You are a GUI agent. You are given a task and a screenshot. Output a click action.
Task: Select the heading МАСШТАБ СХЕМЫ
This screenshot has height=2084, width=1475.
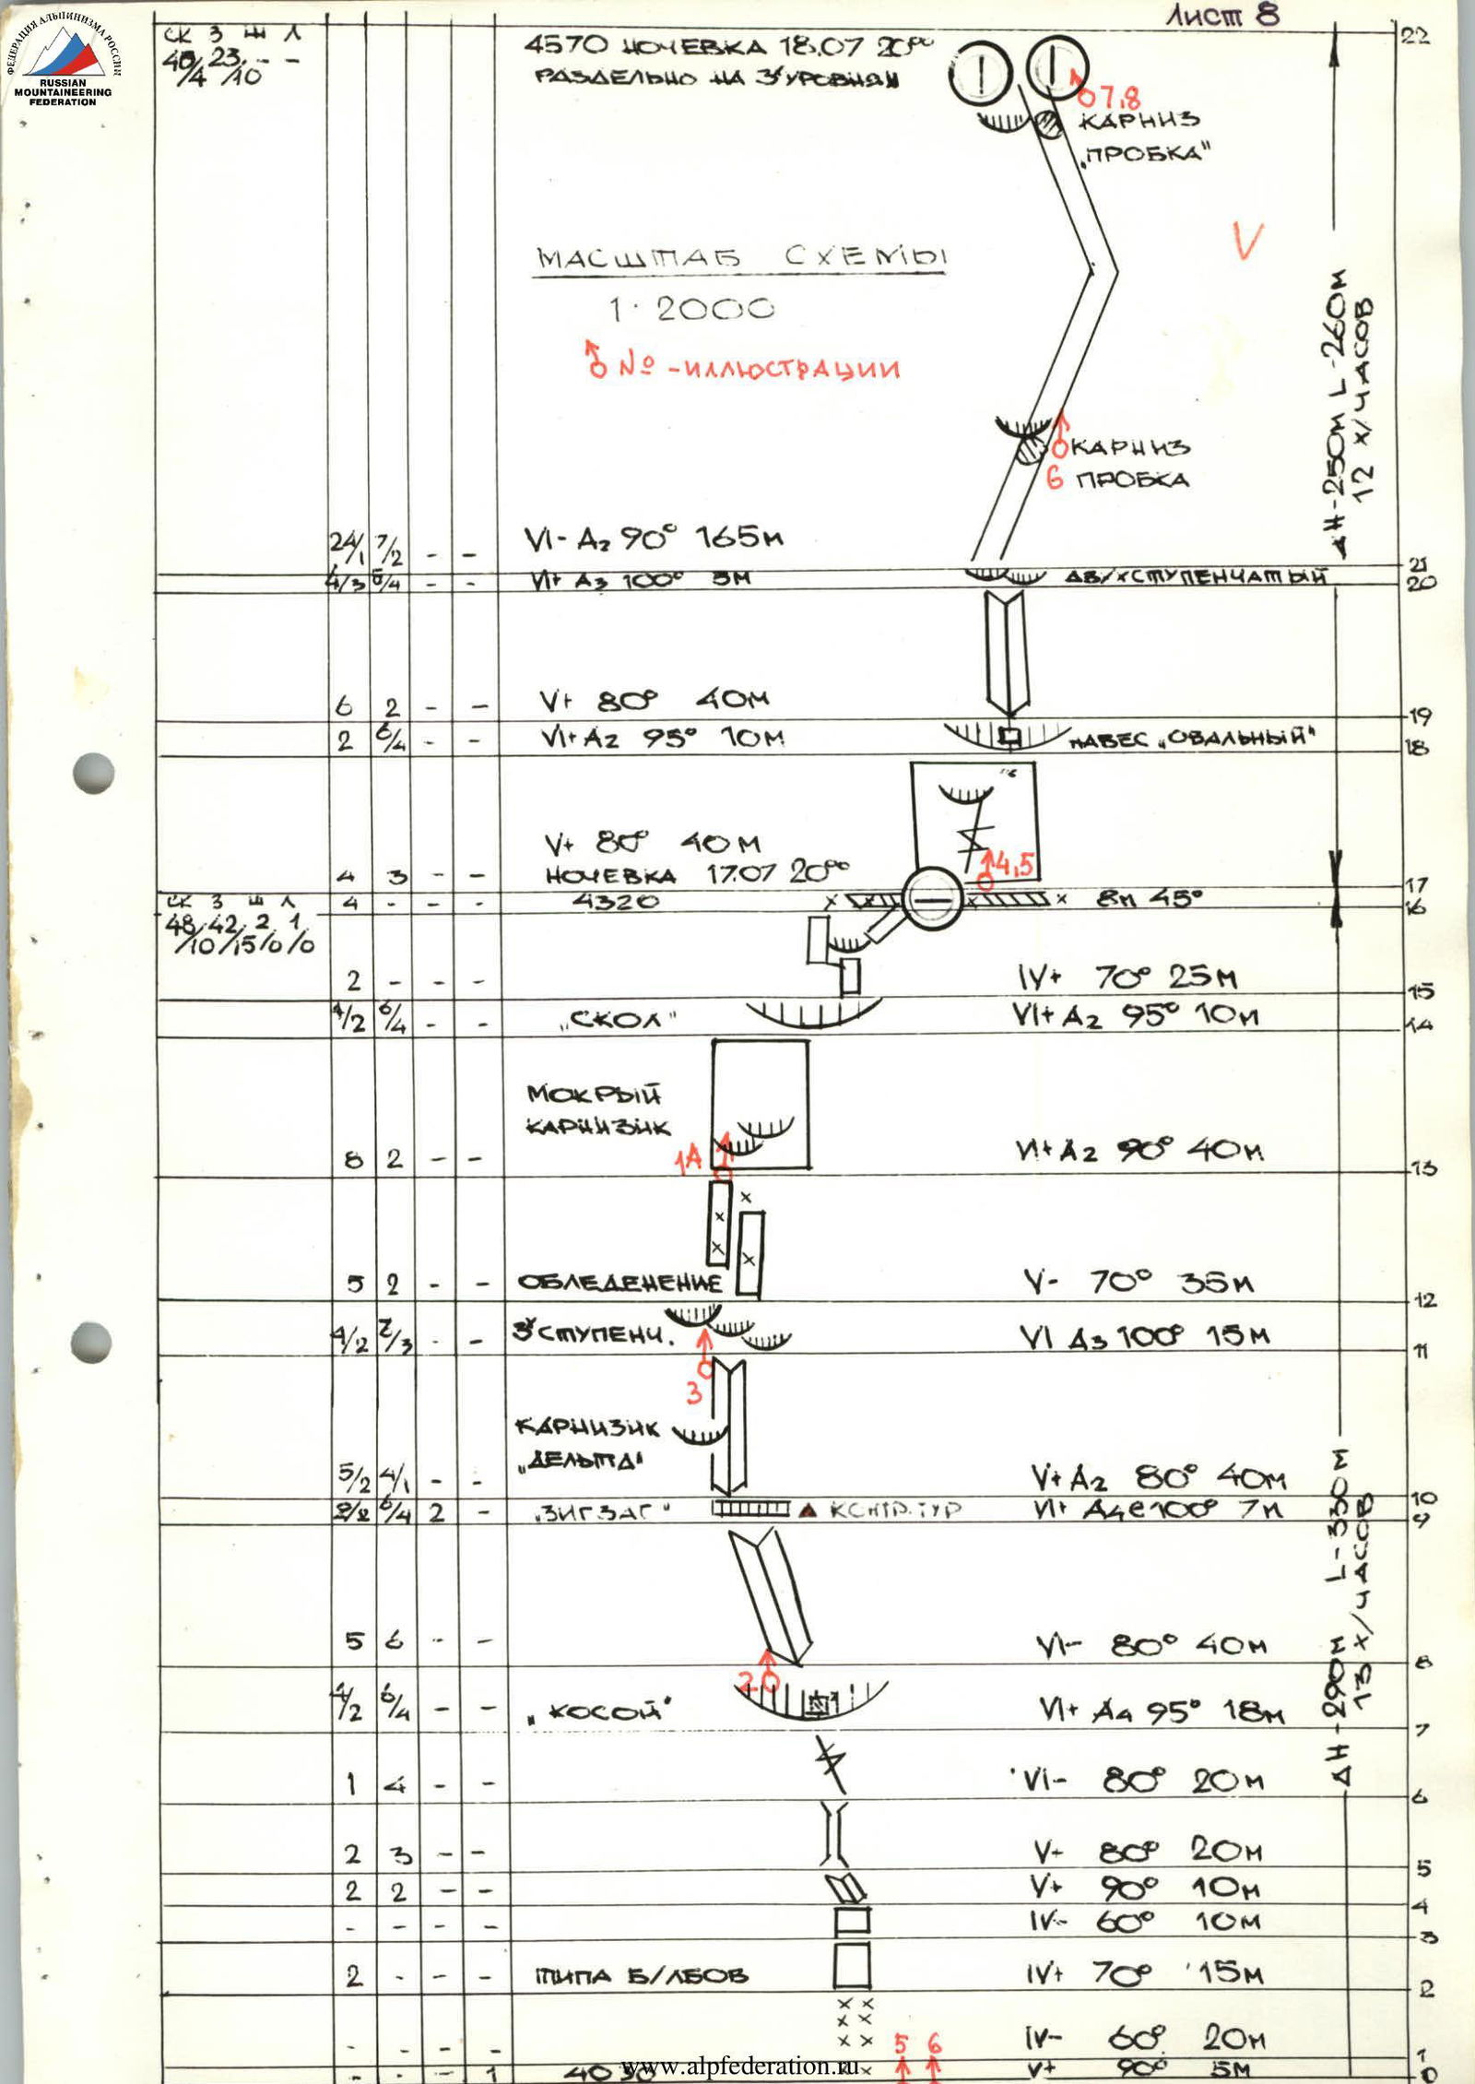741,258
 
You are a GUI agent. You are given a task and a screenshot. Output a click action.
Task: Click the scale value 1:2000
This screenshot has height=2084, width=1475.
690,310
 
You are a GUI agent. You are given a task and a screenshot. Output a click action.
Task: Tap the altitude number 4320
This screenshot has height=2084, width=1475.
617,902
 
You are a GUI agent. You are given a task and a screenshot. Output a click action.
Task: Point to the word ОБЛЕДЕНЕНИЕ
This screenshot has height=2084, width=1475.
619,1283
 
